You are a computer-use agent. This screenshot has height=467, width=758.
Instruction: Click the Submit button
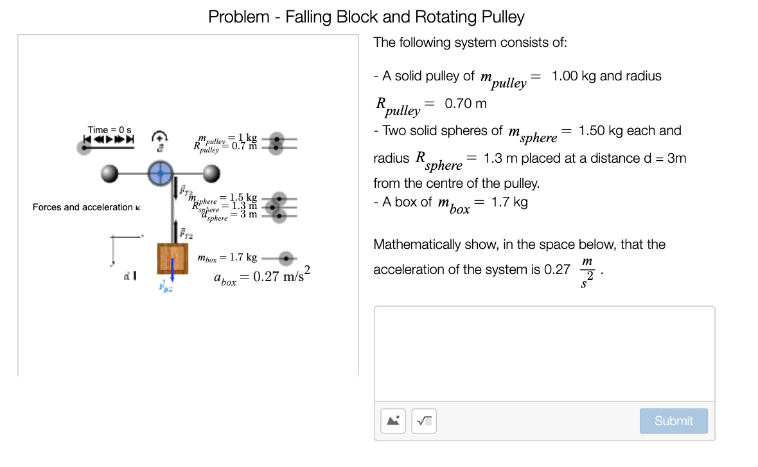[x=673, y=421]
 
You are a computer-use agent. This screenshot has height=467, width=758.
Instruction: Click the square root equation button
[x=424, y=421]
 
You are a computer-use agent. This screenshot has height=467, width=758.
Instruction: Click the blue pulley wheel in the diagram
[x=160, y=172]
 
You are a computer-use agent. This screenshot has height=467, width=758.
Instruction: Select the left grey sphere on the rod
[x=110, y=172]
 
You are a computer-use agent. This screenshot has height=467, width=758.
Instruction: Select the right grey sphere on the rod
[x=210, y=172]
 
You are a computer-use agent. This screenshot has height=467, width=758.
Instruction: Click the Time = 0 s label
[x=109, y=130]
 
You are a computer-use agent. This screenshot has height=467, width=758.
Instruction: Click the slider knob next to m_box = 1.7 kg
[x=286, y=258]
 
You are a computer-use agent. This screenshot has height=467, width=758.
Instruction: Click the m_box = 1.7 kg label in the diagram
[x=227, y=258]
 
